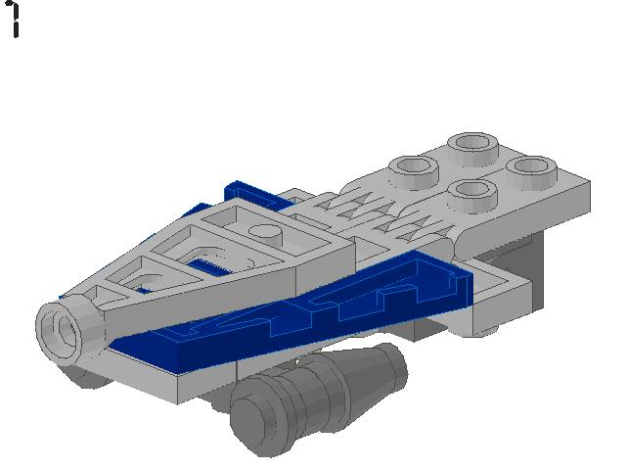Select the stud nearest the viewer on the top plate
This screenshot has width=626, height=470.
click(x=470, y=191)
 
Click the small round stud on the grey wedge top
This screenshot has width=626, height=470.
click(x=262, y=233)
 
